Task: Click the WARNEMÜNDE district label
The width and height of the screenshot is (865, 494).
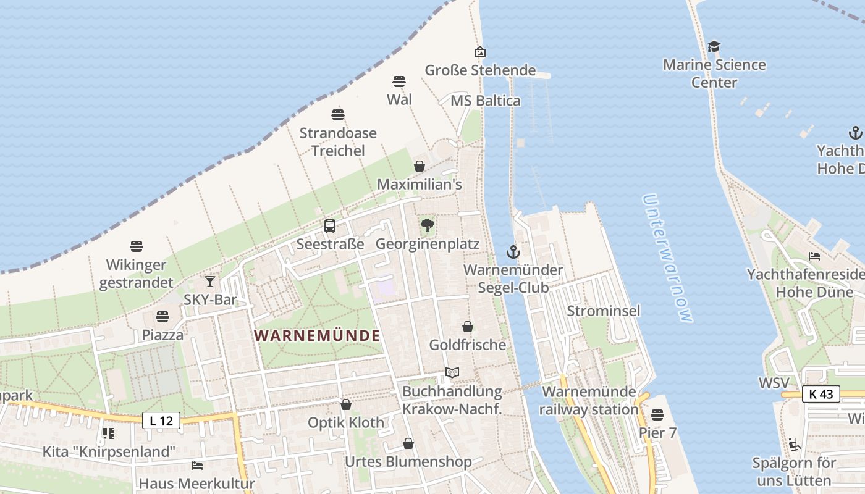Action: point(317,335)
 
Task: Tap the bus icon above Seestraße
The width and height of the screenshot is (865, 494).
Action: point(330,226)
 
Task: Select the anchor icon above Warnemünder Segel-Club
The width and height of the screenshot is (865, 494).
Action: point(513,252)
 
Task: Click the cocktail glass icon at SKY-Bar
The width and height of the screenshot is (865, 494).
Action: point(210,282)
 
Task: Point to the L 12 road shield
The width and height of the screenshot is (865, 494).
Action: point(161,421)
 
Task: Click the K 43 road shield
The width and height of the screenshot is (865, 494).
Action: point(821,394)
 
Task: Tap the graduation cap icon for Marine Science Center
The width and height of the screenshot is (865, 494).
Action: point(714,47)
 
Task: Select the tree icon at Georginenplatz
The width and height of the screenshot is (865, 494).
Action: point(427,225)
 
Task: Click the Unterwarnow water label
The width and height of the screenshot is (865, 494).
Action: point(668,257)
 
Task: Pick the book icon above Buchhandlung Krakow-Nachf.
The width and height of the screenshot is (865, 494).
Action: point(452,373)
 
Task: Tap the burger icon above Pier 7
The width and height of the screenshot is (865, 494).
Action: point(657,415)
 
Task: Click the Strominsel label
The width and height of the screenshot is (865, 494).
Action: point(603,311)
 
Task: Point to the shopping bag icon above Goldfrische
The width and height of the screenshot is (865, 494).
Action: point(468,327)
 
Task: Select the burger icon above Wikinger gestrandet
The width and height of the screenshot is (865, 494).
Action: point(137,246)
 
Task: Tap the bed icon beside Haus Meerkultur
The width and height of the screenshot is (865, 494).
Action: point(197,466)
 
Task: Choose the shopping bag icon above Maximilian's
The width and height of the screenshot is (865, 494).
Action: point(420,166)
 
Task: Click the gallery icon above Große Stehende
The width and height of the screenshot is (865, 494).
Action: point(480,52)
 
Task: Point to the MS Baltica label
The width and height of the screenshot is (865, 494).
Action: point(485,101)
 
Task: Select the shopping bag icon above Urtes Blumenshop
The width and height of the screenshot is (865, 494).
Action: point(408,443)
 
